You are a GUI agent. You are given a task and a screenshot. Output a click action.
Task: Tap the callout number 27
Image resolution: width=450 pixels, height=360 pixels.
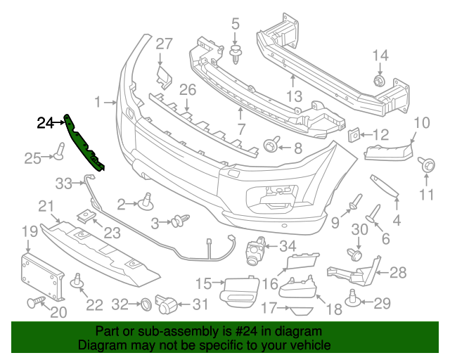(164, 44)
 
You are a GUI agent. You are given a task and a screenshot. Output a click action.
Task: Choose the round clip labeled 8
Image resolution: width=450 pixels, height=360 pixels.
(269, 146)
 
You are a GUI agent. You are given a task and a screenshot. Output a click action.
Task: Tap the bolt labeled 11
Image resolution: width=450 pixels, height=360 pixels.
(425, 165)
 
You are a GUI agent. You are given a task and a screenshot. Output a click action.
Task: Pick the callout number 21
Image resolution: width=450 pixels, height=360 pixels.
(46, 206)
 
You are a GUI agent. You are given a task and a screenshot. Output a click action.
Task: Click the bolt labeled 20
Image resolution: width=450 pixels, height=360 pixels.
(35, 304)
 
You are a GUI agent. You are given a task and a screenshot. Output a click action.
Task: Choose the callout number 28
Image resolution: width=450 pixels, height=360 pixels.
(398, 272)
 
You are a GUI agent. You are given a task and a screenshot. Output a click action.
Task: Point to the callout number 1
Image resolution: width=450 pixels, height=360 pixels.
(98, 101)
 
